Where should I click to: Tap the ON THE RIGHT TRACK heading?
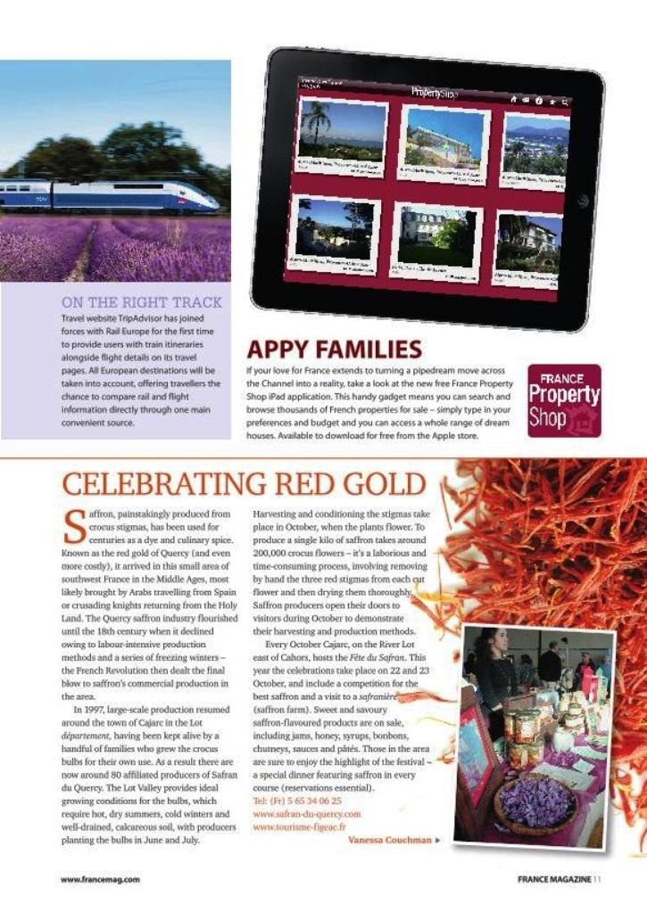142,302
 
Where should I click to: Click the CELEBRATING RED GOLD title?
244,484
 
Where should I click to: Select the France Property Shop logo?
564,400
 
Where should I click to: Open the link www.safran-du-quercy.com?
307,814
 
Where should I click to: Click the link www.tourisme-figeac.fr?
299,827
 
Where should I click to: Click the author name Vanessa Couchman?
389,840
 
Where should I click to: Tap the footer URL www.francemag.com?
100,879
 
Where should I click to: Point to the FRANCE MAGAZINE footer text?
553,879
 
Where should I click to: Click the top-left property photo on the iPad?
343,134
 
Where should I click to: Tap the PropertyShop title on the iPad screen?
435,92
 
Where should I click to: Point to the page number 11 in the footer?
597,879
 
